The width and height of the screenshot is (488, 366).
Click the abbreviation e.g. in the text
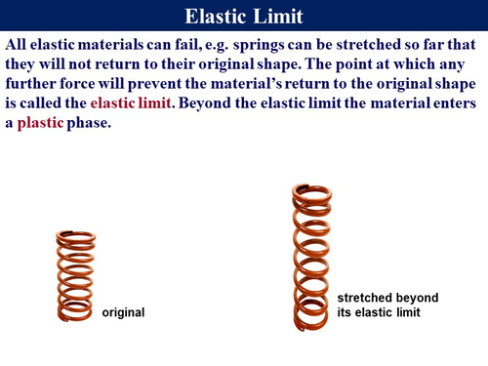[218, 46]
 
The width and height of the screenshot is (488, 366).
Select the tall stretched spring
[312, 258]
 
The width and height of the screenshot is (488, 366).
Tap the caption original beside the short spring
[123, 312]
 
